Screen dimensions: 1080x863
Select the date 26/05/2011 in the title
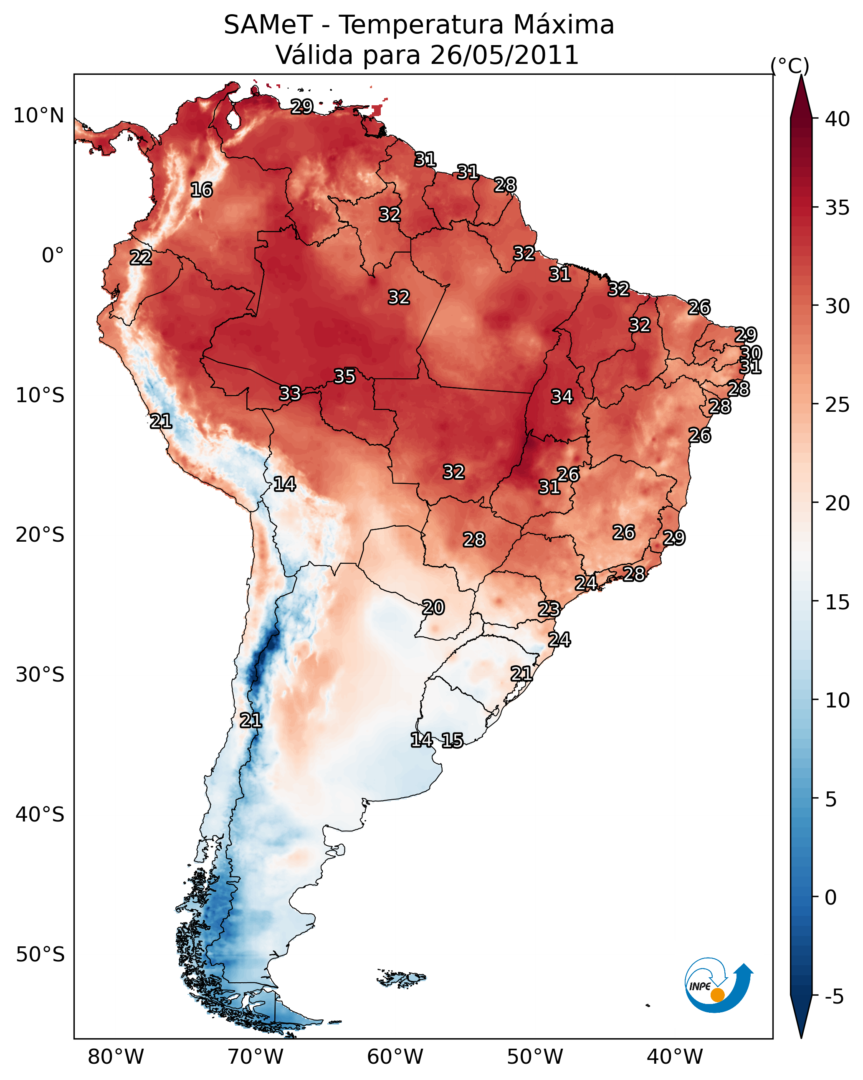click(504, 55)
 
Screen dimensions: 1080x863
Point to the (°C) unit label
click(790, 66)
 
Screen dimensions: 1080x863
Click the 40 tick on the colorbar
click(837, 119)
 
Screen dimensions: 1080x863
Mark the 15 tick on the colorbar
click(837, 602)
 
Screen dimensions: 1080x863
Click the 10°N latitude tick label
click(38, 116)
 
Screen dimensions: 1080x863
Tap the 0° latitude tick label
click(53, 256)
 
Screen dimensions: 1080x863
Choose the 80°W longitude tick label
click(116, 1057)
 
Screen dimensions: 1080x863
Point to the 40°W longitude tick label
click(675, 1057)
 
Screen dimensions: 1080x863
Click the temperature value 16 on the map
click(201, 190)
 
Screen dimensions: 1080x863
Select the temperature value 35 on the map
click(344, 376)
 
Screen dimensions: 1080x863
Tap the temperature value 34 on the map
click(562, 397)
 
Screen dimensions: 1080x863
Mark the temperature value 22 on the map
click(141, 258)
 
